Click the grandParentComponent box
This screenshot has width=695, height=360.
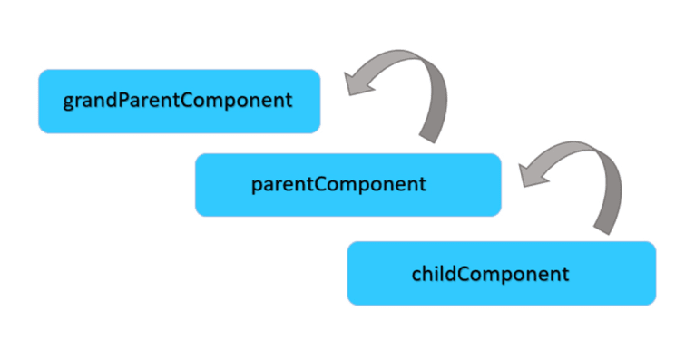click(179, 101)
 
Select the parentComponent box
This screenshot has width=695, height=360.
click(347, 184)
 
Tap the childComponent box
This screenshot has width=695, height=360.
click(501, 272)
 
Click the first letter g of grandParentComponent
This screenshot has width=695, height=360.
click(68, 102)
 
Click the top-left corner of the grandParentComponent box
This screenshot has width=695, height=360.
click(40, 71)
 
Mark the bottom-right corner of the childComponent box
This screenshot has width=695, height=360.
click(654, 303)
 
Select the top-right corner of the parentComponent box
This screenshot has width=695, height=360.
click(499, 155)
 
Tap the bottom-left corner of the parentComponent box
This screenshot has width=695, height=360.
click(197, 214)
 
